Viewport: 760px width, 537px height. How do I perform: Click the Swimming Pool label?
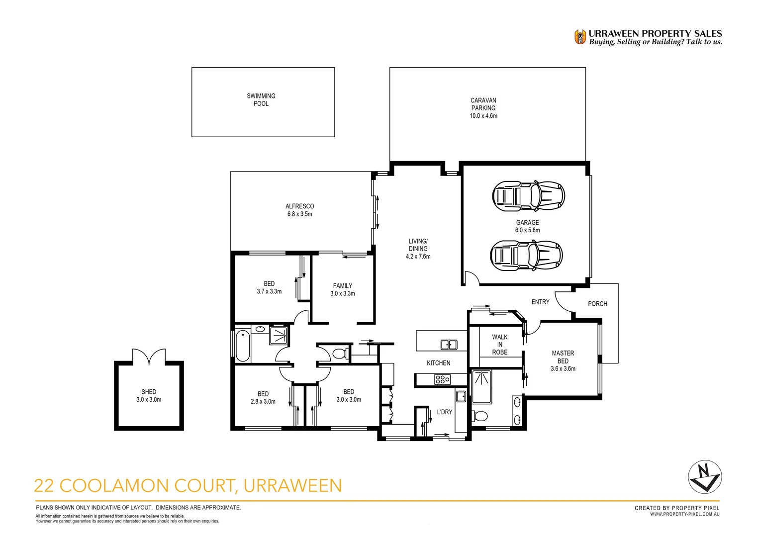pos(261,99)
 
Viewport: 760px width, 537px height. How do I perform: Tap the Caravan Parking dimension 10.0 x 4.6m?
pos(483,116)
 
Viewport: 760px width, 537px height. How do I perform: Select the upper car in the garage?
pos(528,195)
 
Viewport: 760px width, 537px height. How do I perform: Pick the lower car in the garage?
pos(526,256)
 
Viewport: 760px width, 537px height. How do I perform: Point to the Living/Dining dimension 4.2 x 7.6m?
pos(418,257)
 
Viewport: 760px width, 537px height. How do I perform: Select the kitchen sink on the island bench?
pos(449,344)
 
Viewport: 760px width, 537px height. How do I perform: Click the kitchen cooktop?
pos(442,380)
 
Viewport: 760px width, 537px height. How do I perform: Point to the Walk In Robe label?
pos(499,345)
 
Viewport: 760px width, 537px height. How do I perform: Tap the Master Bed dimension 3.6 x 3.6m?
pos(563,369)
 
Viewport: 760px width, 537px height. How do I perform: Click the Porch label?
pos(597,304)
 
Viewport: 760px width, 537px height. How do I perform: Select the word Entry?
pos(540,302)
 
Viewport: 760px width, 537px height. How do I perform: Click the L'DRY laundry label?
pos(444,412)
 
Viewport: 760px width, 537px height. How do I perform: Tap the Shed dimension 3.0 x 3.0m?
pos(149,400)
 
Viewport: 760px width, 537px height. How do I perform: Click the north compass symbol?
pos(704,476)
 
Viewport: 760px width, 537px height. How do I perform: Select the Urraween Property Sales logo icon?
pos(580,37)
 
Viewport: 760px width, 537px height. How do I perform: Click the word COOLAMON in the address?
pos(147,485)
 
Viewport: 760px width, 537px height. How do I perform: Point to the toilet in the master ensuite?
pos(480,415)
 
